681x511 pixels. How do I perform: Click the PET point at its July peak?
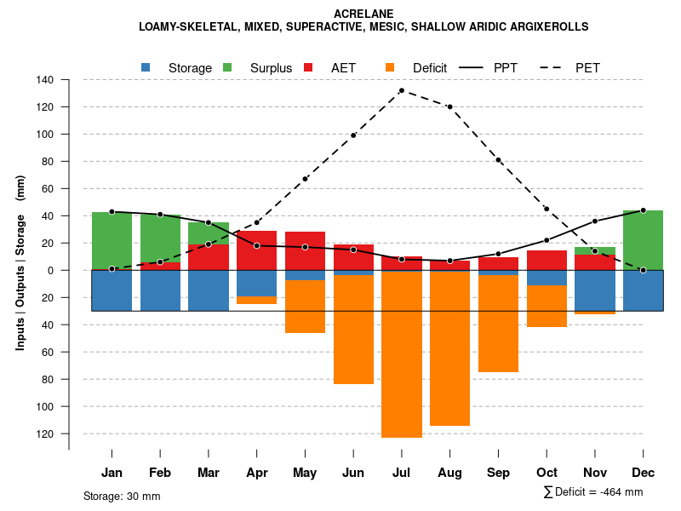tap(401, 90)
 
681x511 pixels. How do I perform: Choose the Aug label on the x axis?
tap(449, 473)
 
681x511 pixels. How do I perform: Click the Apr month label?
tap(256, 473)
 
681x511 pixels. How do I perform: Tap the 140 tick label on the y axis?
tap(45, 80)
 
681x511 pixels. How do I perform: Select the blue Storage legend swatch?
tap(146, 67)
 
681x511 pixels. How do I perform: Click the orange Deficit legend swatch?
tap(390, 67)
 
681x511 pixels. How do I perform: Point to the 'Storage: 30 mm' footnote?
tap(122, 496)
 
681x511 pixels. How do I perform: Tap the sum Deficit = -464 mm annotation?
tap(592, 491)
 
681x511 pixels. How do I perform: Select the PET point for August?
tap(449, 106)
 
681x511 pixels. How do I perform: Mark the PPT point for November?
tap(594, 221)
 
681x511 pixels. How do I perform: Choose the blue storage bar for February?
tap(160, 290)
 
